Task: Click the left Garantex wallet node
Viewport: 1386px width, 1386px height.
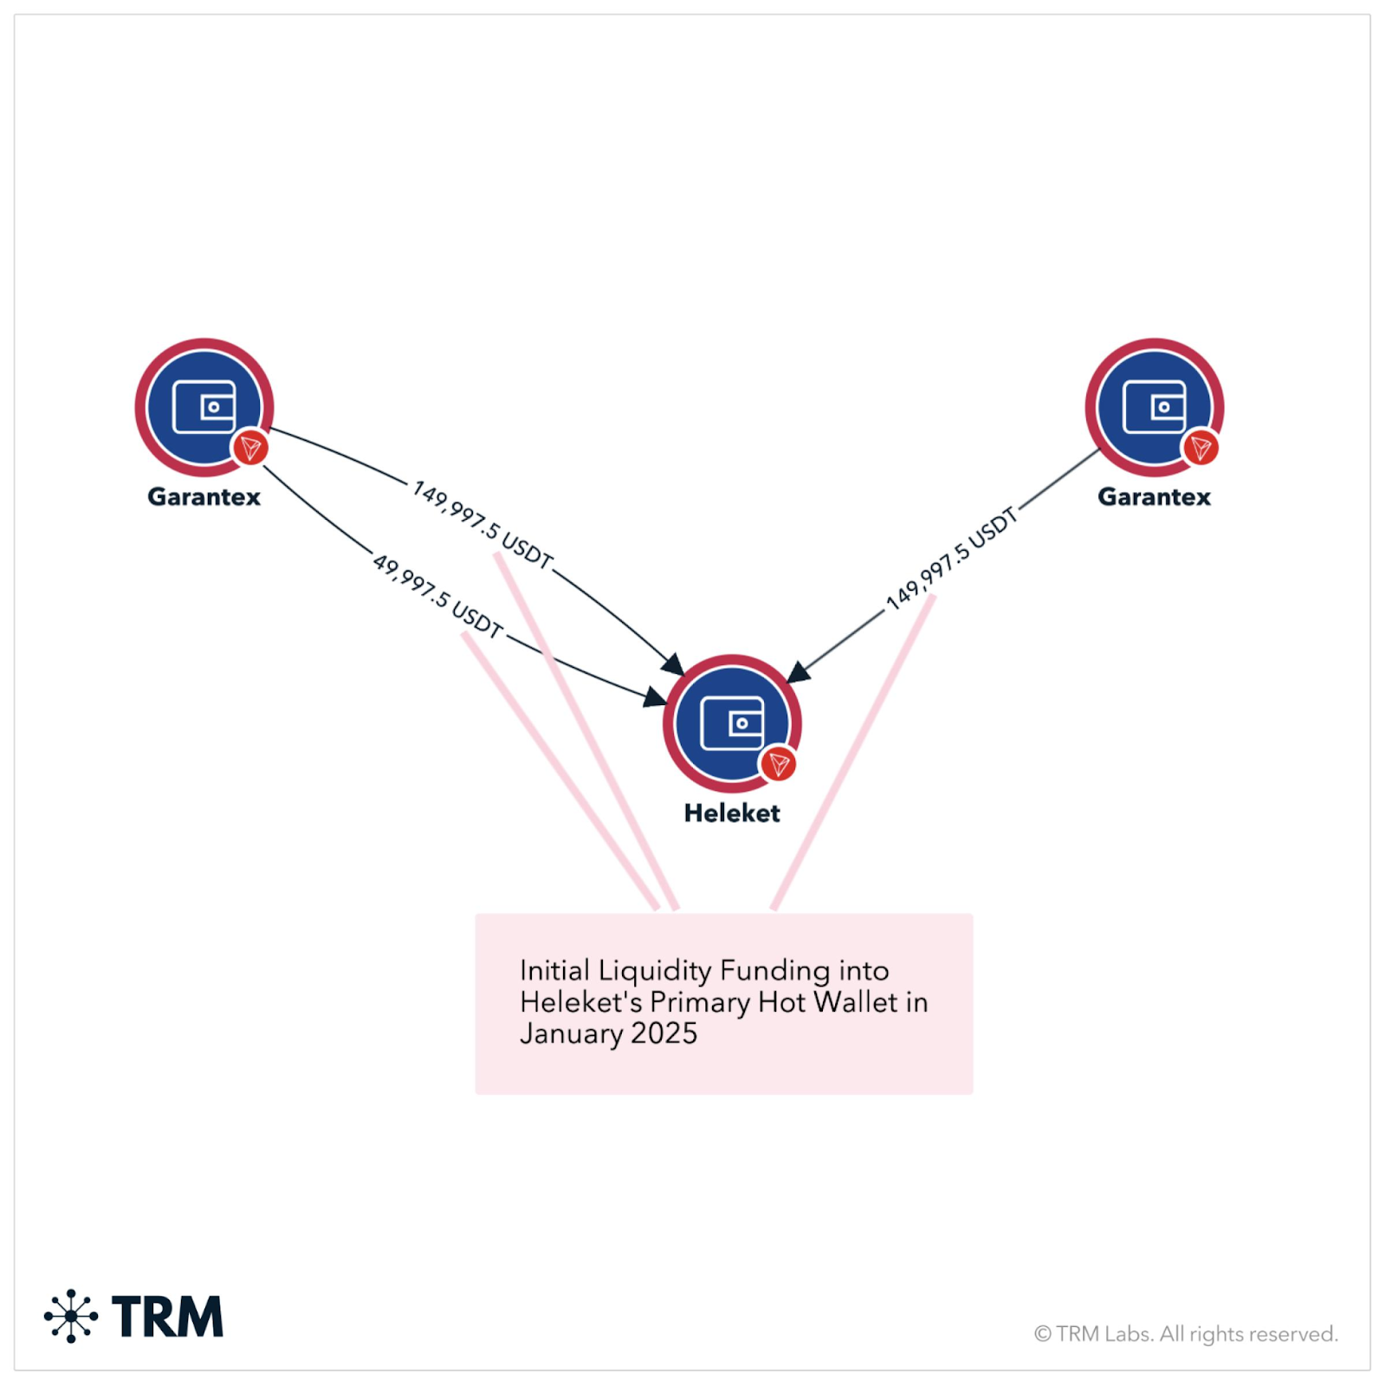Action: pos(204,406)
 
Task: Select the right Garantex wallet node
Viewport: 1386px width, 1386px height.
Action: pos(1154,406)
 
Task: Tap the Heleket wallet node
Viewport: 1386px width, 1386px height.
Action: pos(732,722)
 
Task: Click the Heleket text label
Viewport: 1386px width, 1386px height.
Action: pos(732,813)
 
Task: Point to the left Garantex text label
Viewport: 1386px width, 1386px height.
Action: pos(204,496)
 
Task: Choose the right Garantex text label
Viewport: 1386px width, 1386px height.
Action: pos(1154,496)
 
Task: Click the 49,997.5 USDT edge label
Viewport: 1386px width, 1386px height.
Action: pos(437,596)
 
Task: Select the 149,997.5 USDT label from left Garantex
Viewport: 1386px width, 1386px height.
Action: pos(483,525)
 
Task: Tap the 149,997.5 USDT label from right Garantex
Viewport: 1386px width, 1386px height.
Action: pos(951,559)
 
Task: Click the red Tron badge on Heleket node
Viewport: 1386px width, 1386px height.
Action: pos(778,764)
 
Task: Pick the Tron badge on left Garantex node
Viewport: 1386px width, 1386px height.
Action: pos(250,448)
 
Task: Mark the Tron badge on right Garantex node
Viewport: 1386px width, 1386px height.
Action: pos(1201,448)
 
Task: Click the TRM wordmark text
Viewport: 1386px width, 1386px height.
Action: pos(167,1317)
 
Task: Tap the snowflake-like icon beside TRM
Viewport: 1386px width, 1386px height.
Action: pos(71,1316)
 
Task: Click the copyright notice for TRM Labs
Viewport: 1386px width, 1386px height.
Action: pos(1186,1334)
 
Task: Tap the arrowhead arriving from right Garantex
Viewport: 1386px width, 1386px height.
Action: pos(798,672)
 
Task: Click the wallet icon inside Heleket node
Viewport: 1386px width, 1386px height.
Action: pos(732,722)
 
